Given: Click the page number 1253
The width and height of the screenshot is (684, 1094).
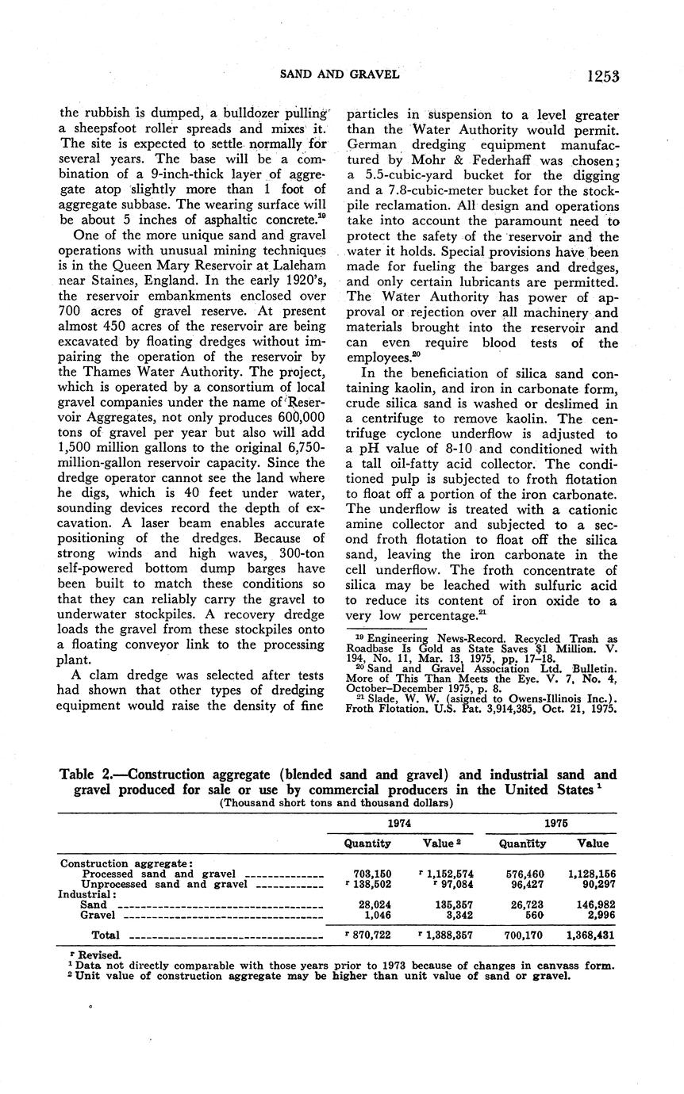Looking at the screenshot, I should (x=603, y=76).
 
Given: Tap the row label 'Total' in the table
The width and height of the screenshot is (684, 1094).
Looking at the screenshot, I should (x=106, y=935).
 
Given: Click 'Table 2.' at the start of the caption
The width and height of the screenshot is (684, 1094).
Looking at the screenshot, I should (x=88, y=775).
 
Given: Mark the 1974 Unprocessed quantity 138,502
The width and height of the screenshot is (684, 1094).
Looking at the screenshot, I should (x=370, y=884).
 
